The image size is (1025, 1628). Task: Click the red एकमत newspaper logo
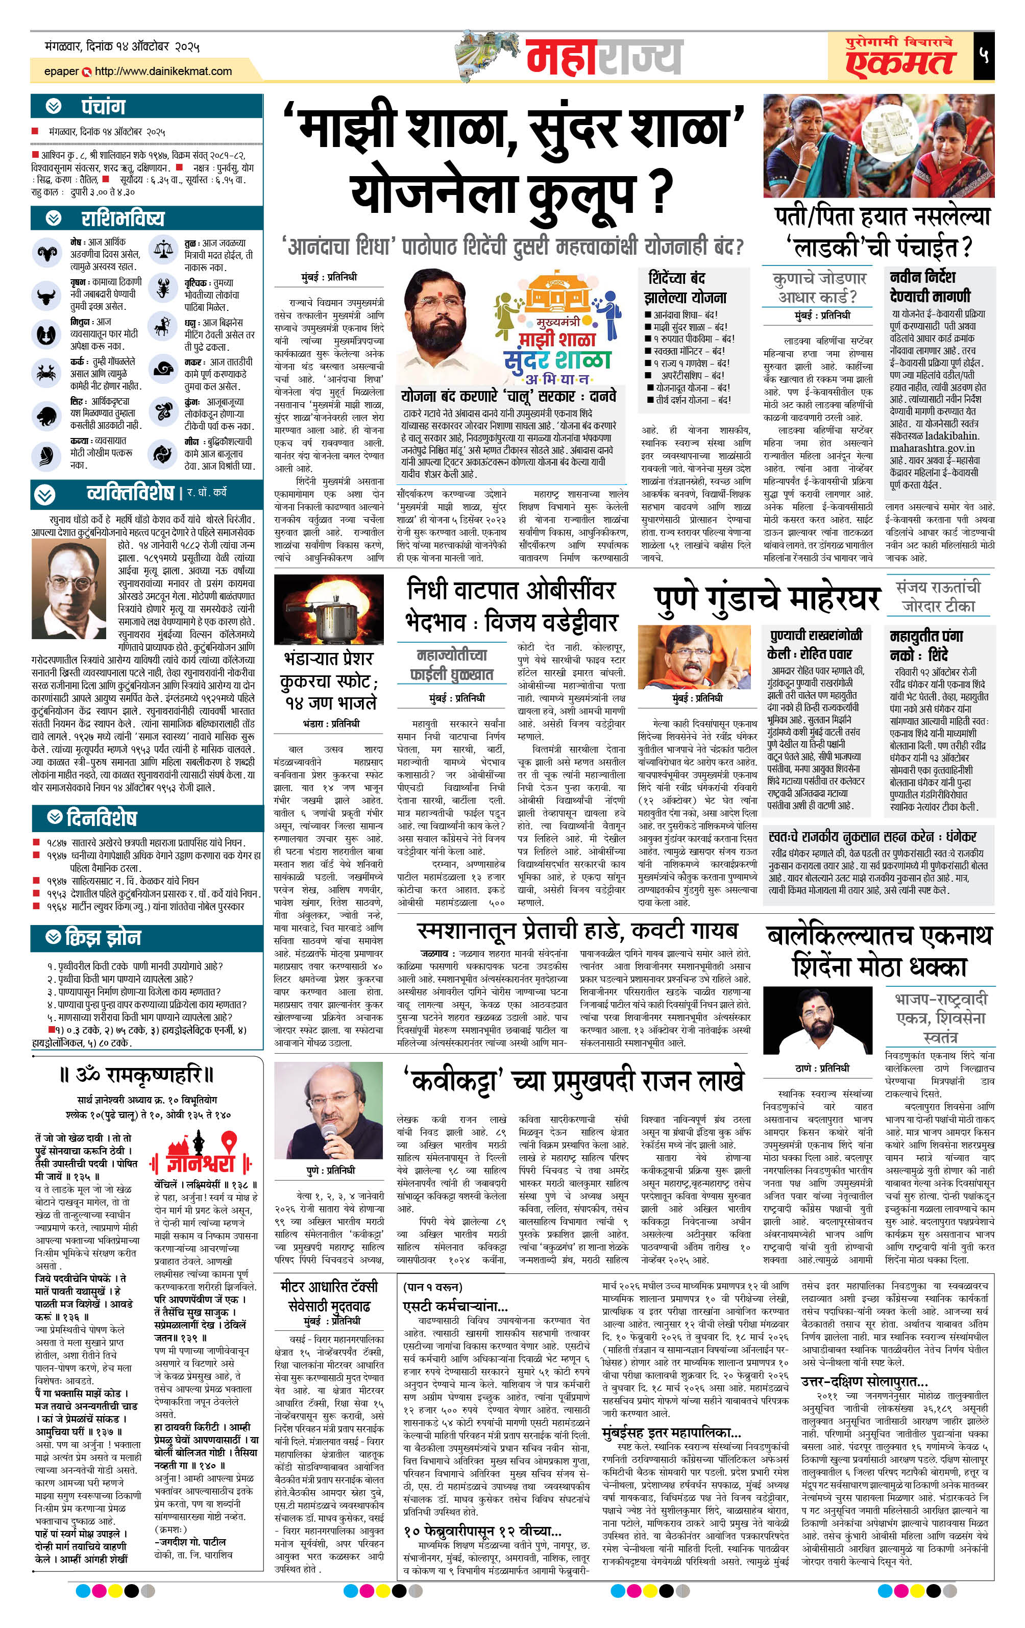(x=899, y=62)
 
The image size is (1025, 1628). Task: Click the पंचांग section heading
(x=103, y=107)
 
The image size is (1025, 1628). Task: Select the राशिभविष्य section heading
(x=123, y=218)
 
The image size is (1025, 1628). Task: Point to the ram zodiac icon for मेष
(x=46, y=254)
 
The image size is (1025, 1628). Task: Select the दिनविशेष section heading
(x=102, y=819)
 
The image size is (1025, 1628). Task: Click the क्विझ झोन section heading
(x=103, y=938)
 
